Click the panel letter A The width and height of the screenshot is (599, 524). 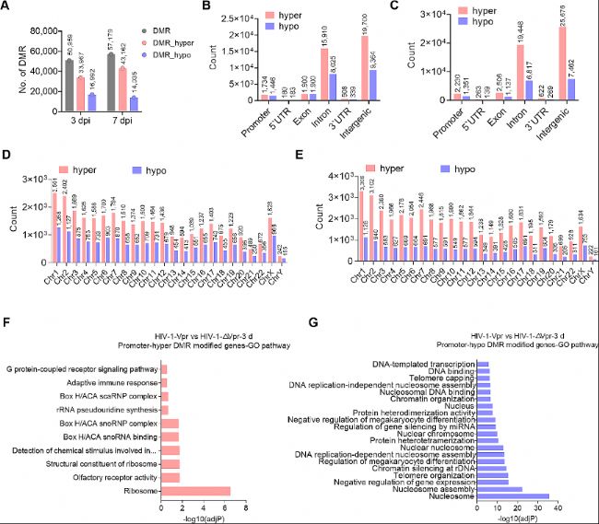click(x=6, y=8)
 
